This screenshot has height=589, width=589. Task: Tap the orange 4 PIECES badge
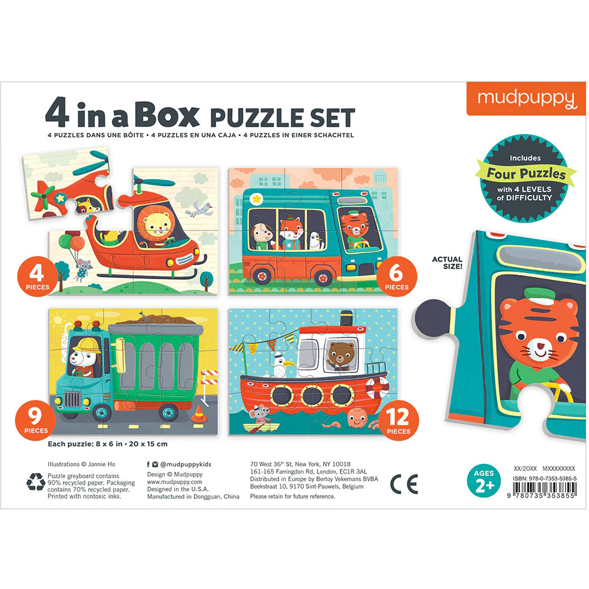point(37,276)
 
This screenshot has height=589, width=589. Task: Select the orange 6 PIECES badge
point(396,276)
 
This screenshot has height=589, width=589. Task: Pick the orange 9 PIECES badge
point(36,420)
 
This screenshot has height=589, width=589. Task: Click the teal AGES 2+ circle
point(484,481)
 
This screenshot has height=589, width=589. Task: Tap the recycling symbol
point(36,482)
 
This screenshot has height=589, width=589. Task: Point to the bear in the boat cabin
point(340,356)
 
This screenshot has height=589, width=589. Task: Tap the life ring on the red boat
point(378,387)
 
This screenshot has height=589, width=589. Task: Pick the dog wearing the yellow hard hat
point(85,356)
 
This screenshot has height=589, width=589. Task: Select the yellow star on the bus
point(257,198)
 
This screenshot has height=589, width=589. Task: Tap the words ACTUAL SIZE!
point(447,263)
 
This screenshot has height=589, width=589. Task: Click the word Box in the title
point(167,115)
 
